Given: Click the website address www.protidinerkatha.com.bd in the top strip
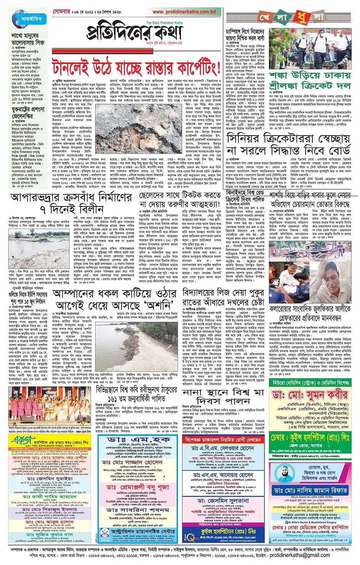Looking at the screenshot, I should point(184,12).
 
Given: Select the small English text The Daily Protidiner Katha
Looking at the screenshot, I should point(164,23).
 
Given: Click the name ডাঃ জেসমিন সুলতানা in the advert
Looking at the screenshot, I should point(223,501).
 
